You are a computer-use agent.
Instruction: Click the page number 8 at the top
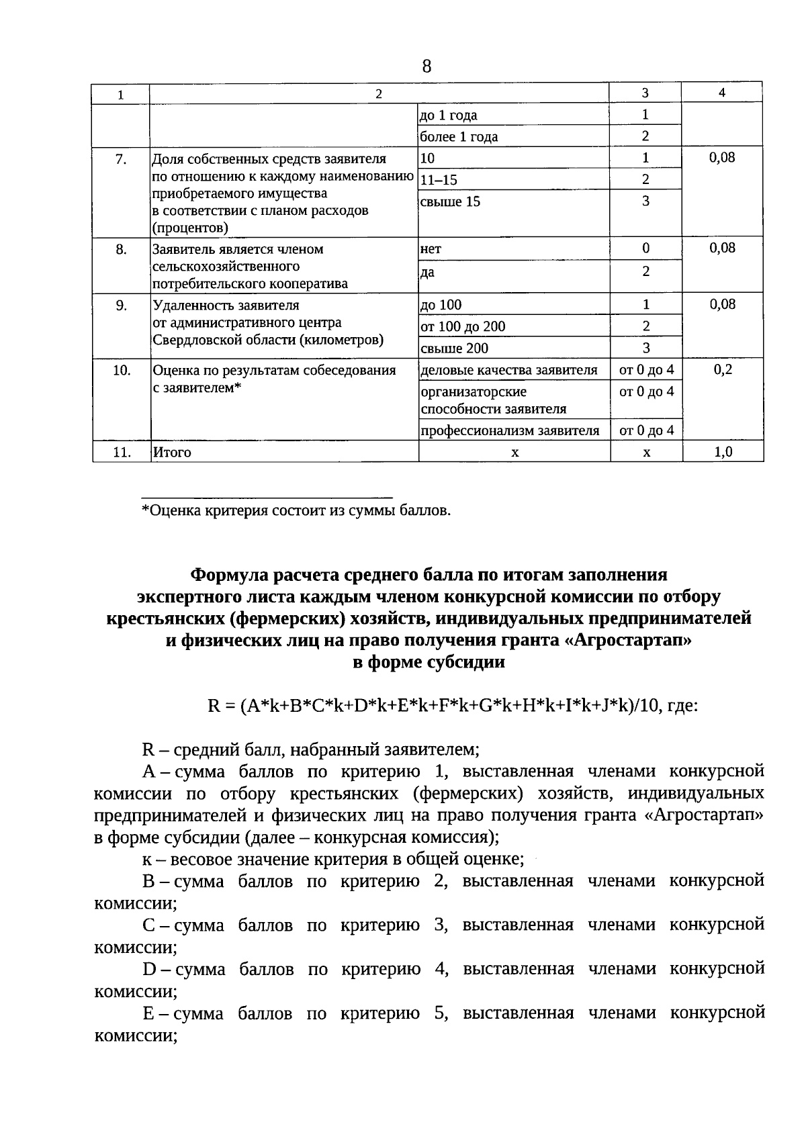pos(427,66)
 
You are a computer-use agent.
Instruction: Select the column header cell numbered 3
pos(645,93)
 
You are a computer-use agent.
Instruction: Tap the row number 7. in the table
pos(121,159)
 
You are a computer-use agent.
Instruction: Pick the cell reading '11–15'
pos(438,180)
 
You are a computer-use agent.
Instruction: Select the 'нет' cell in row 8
pos(431,248)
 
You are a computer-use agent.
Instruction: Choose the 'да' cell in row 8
pos(427,272)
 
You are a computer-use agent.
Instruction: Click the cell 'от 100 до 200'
pos(463,327)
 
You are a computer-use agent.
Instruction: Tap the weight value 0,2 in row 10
pos(723,370)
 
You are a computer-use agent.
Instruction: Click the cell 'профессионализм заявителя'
pos(510,430)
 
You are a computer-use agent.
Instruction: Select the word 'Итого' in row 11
pos(172,453)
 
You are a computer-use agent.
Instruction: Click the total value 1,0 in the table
pos(723,452)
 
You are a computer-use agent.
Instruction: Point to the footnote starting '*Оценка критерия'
pos(296,510)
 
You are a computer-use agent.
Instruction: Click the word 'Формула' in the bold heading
pos(230,575)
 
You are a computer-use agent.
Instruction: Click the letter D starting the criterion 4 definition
pos(149,969)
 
